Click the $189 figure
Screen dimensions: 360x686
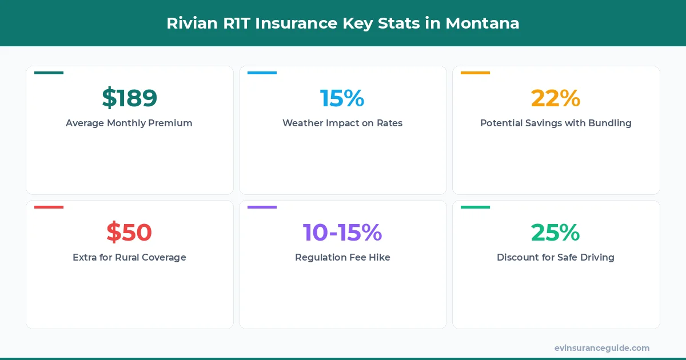[129, 98]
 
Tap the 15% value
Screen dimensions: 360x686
[342, 98]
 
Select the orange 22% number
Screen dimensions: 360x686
[556, 98]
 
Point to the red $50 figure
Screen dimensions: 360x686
[129, 233]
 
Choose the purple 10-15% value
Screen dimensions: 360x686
[342, 233]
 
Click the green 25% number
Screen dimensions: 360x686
[556, 233]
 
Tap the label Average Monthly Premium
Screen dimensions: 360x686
[129, 123]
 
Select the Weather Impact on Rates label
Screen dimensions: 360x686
[342, 123]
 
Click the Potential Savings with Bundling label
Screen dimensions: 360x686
[556, 123]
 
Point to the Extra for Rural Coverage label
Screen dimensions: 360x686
[129, 257]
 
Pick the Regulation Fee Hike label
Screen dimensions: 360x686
[342, 257]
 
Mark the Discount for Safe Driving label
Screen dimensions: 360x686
[556, 257]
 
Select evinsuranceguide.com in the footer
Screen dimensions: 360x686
[602, 347]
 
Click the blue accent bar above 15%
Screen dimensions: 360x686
[262, 73]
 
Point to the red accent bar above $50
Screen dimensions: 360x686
[49, 207]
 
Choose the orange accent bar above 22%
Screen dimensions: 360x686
[475, 73]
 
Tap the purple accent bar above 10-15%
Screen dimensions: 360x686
[262, 207]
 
